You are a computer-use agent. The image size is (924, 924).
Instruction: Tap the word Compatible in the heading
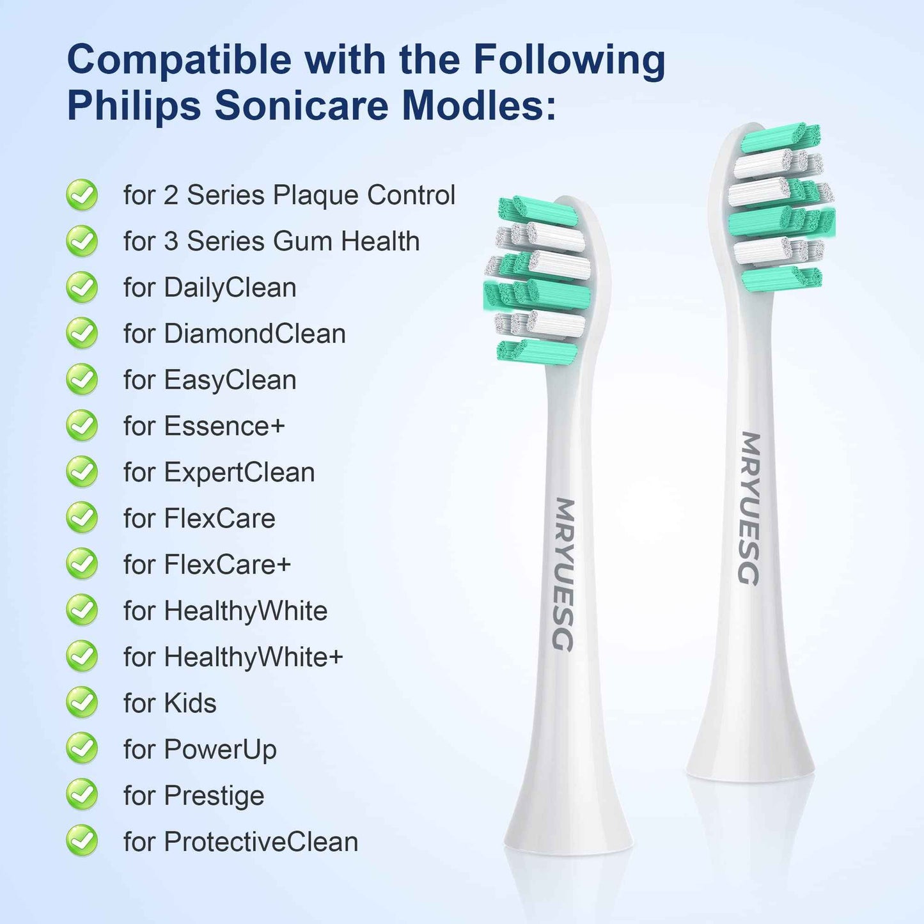tap(179, 59)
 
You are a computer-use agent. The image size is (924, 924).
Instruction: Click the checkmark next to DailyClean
tap(82, 288)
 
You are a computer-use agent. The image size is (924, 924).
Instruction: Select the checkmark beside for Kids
tap(82, 703)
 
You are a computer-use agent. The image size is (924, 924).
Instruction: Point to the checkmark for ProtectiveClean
tap(82, 841)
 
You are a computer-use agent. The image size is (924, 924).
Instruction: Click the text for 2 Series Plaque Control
tap(289, 195)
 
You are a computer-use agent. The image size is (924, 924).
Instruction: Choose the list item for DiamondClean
tap(235, 334)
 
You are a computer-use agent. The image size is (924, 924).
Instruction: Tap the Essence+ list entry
tap(204, 426)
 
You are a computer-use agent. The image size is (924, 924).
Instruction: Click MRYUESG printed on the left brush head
tap(563, 574)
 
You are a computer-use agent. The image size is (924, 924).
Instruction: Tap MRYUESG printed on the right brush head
tap(750, 508)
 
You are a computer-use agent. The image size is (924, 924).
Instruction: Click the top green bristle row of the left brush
tap(538, 211)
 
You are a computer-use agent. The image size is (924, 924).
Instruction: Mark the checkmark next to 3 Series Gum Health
tap(82, 242)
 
